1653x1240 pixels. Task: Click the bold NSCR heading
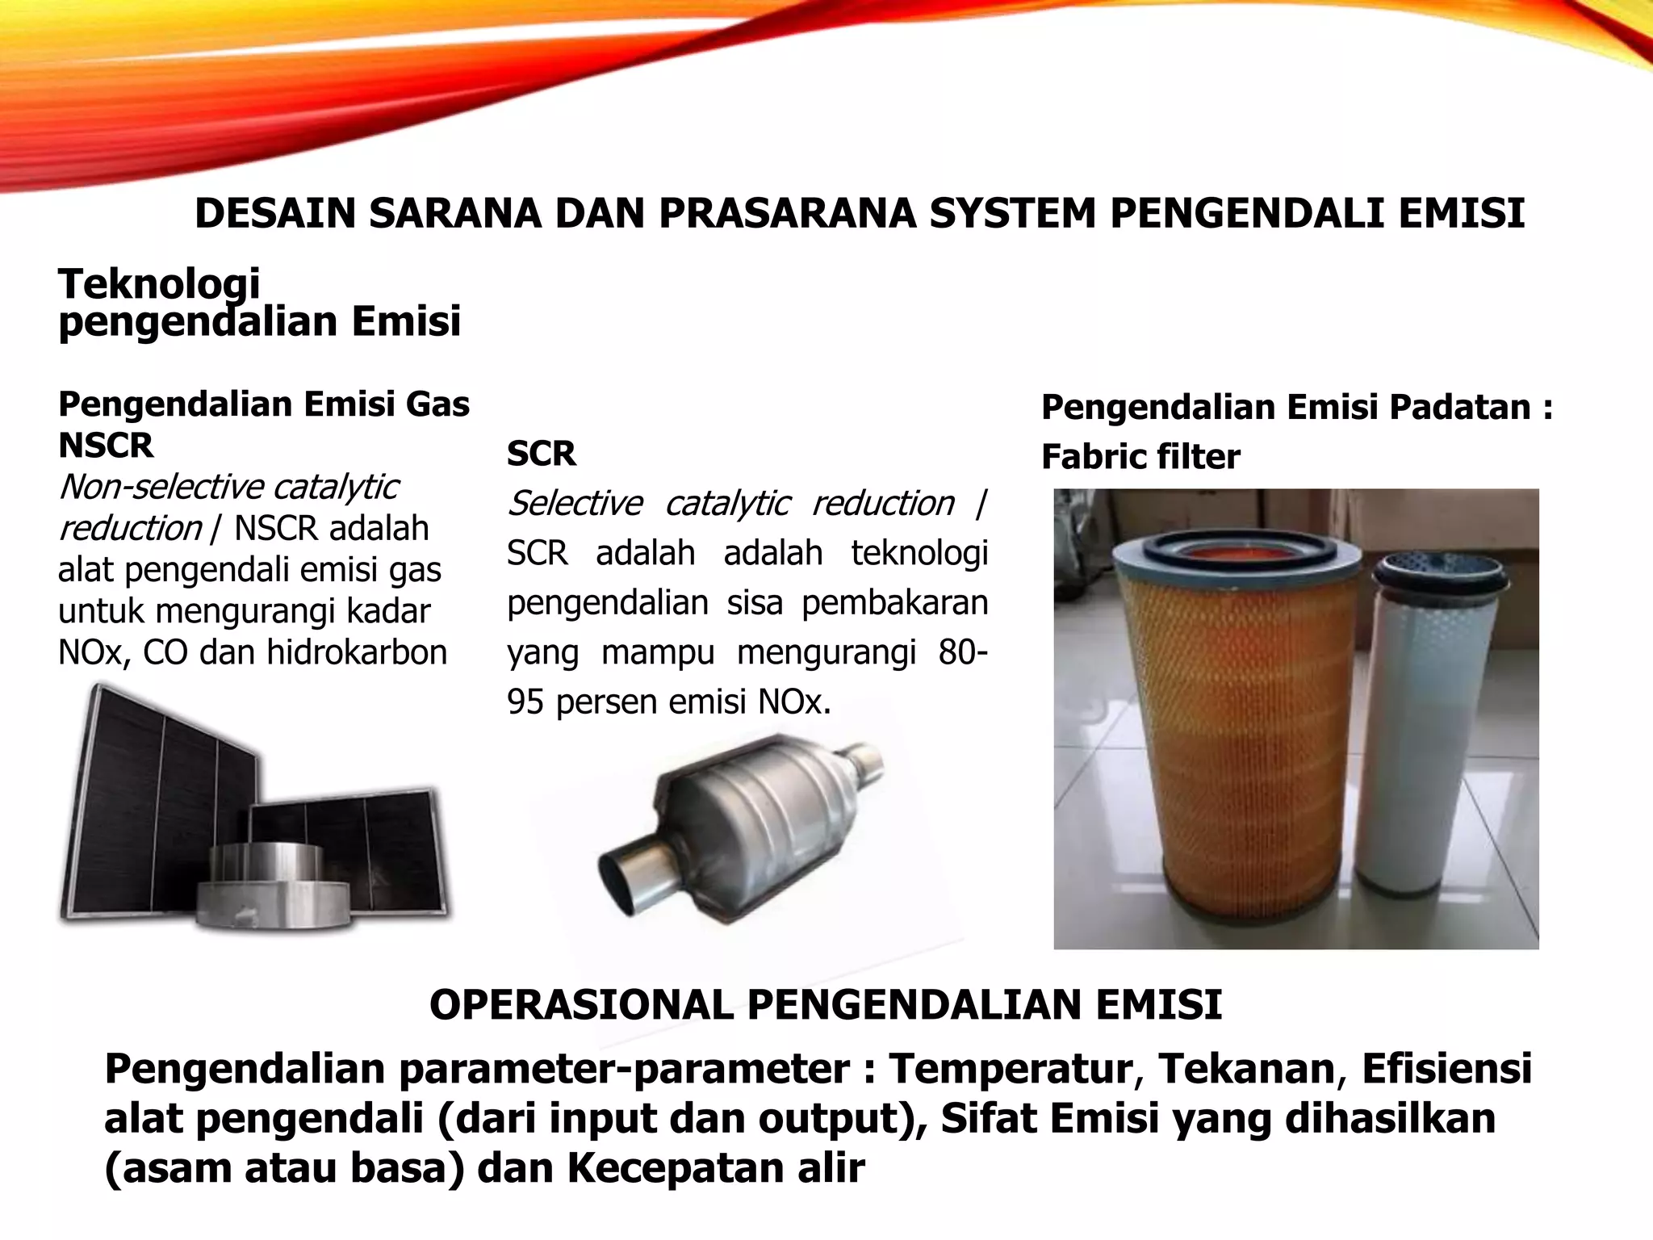coord(106,446)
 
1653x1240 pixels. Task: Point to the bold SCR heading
coord(541,454)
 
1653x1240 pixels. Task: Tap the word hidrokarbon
coord(357,652)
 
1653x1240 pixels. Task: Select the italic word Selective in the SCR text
coord(575,504)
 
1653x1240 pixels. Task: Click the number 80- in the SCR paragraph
coord(962,652)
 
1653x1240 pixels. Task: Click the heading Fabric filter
coord(1140,457)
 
